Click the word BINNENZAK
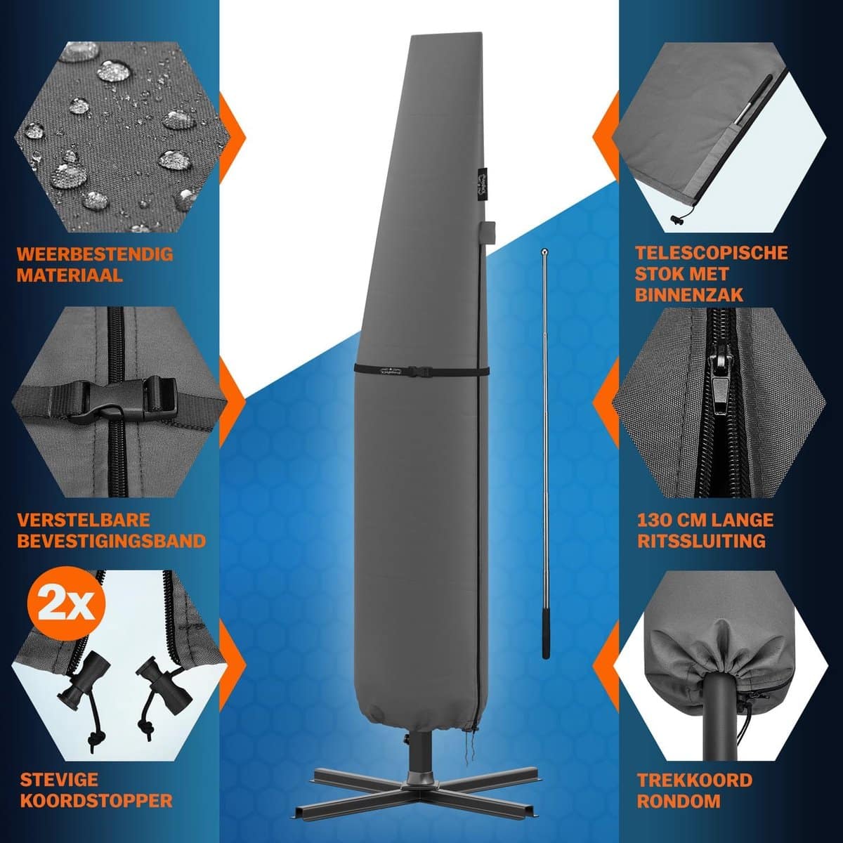689,294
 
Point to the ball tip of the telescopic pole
544,249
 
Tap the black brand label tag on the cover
479,184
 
